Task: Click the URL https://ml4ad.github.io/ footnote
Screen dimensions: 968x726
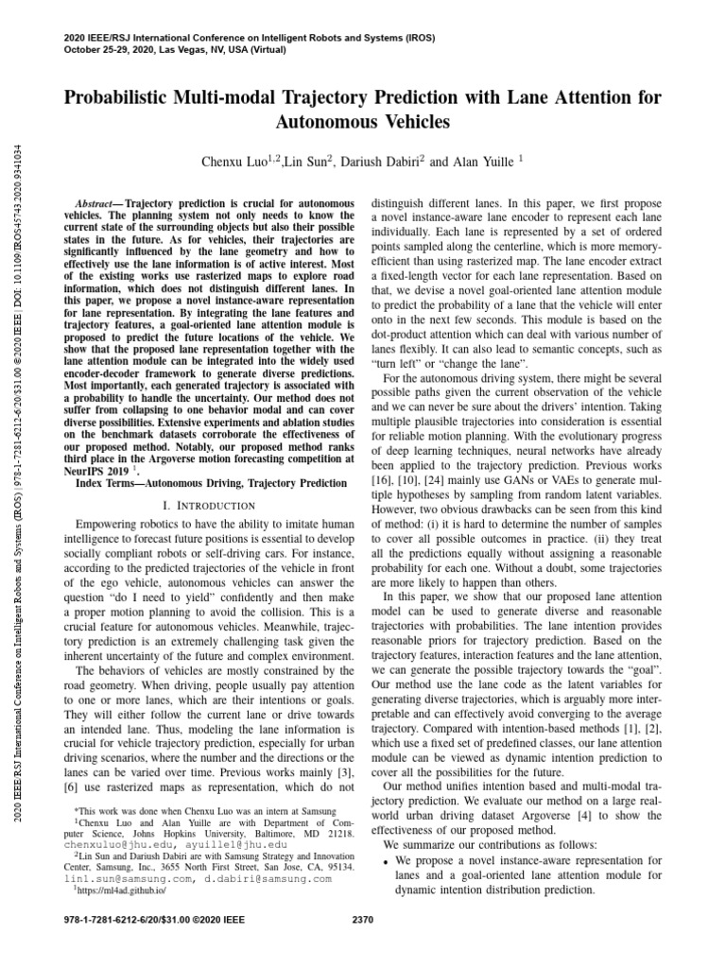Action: tap(114, 890)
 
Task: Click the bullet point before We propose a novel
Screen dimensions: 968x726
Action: tap(387, 862)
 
